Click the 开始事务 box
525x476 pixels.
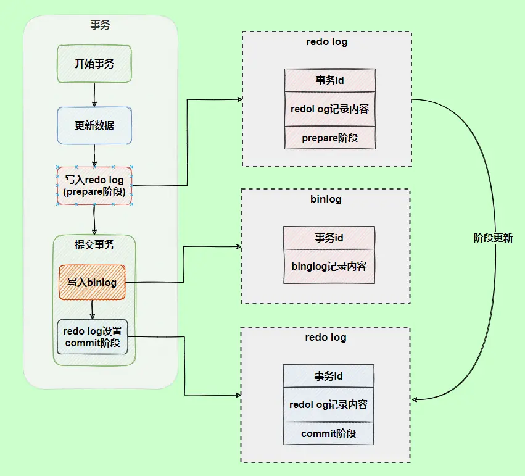tap(94, 64)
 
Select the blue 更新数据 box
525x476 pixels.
tap(94, 125)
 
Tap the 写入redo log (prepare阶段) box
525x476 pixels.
tap(94, 186)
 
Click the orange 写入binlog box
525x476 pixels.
tap(92, 282)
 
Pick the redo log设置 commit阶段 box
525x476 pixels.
tap(92, 337)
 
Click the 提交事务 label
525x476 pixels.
tap(94, 244)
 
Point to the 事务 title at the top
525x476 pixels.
tap(100, 25)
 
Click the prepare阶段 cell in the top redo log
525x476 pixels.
tap(329, 138)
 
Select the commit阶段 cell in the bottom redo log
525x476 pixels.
tap(328, 433)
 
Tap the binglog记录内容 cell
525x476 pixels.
tap(329, 266)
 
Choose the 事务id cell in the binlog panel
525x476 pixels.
tap(329, 237)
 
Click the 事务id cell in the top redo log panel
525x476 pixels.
tap(329, 80)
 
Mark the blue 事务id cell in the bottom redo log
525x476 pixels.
tap(328, 376)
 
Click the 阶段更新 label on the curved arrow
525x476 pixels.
tap(493, 238)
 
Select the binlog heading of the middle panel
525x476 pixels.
tap(326, 199)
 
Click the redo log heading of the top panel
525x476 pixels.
tap(326, 42)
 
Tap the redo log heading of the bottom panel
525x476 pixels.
tap(325, 338)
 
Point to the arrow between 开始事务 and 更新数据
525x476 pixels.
tap(94, 94)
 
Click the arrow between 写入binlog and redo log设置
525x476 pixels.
tap(92, 309)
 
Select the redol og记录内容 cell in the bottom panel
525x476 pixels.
tap(328, 405)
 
